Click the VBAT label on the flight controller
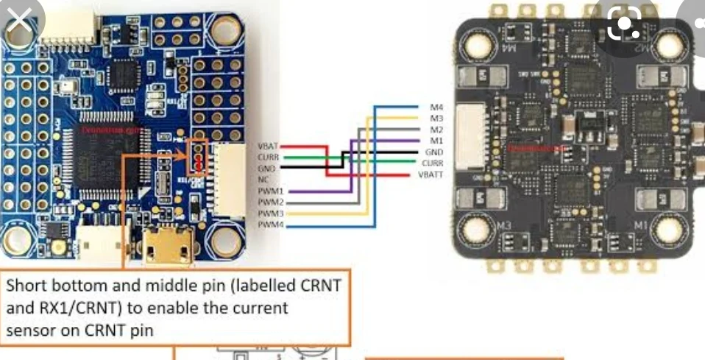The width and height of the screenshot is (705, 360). [x=268, y=147]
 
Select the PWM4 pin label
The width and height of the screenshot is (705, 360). [x=269, y=224]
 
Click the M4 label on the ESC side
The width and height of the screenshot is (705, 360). [x=436, y=107]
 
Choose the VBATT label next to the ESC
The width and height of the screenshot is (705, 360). [x=431, y=174]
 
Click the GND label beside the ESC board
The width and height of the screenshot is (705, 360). [x=433, y=152]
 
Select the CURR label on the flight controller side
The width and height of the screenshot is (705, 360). [x=267, y=158]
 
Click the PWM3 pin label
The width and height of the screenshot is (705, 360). [x=269, y=213]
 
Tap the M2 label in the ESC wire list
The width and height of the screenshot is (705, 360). [x=436, y=130]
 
